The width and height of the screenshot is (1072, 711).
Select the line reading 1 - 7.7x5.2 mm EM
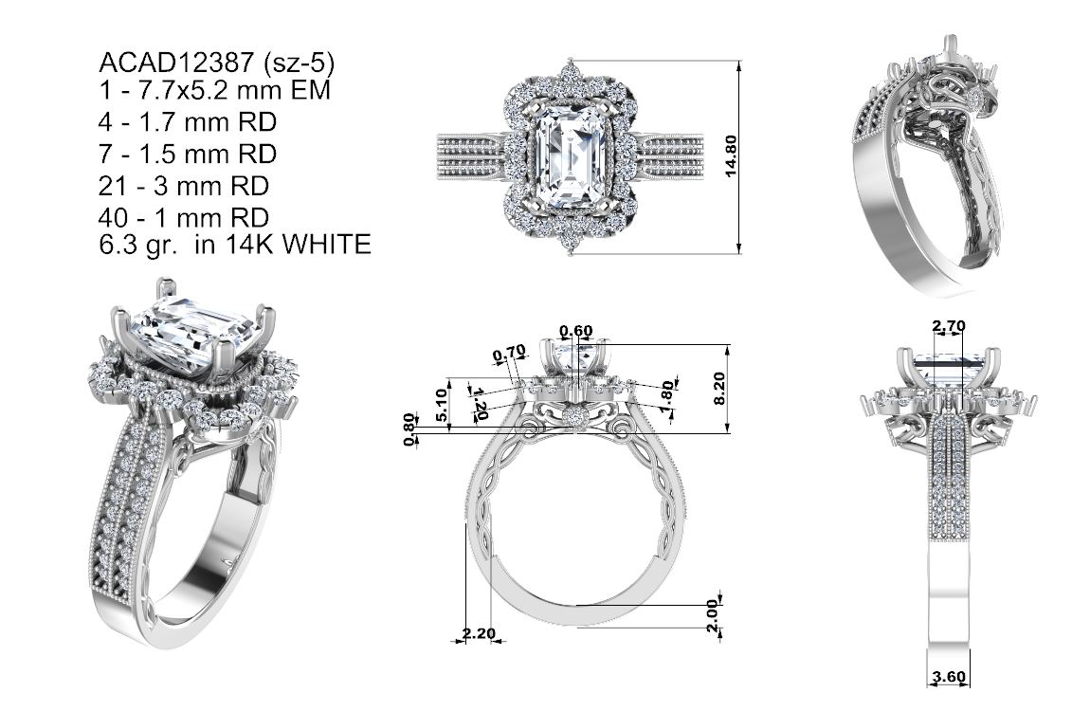(x=214, y=89)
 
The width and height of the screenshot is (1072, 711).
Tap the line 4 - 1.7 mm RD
(x=188, y=121)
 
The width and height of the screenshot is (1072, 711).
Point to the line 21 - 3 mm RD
(x=183, y=186)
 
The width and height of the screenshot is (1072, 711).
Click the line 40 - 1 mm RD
(x=183, y=217)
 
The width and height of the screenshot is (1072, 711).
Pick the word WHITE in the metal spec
(x=327, y=244)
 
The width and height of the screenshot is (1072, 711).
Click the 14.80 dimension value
(x=731, y=155)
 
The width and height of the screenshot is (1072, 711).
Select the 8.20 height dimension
(x=718, y=389)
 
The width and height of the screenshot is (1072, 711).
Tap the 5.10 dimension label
(x=442, y=404)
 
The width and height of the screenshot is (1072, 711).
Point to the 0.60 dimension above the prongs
(x=575, y=332)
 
